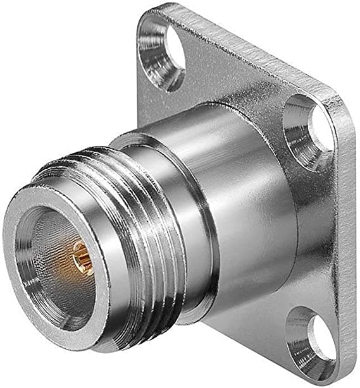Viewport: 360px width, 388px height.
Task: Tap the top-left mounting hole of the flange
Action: pyautogui.click(x=166, y=54)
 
